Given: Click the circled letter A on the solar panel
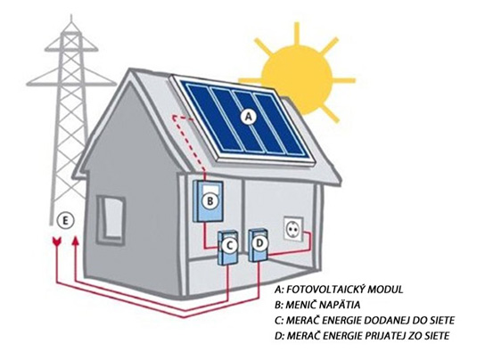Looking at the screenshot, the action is click(249, 117).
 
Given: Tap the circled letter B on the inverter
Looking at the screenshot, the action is click(210, 200).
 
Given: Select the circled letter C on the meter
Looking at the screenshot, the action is click(230, 246).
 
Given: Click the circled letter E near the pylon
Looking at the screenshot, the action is click(65, 220).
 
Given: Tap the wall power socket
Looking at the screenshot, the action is click(293, 229).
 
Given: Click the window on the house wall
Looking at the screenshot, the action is click(111, 219).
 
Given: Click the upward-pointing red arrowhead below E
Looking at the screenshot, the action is click(75, 241).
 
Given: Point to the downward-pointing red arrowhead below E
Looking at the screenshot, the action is click(56, 242).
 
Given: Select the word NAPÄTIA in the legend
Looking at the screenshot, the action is click(338, 305).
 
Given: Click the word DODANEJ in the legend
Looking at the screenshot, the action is click(384, 321).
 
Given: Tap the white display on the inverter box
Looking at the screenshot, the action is click(210, 189).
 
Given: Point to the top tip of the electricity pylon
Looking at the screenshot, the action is click(72, 16).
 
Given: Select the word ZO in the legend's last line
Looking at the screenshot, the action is click(417, 336).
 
